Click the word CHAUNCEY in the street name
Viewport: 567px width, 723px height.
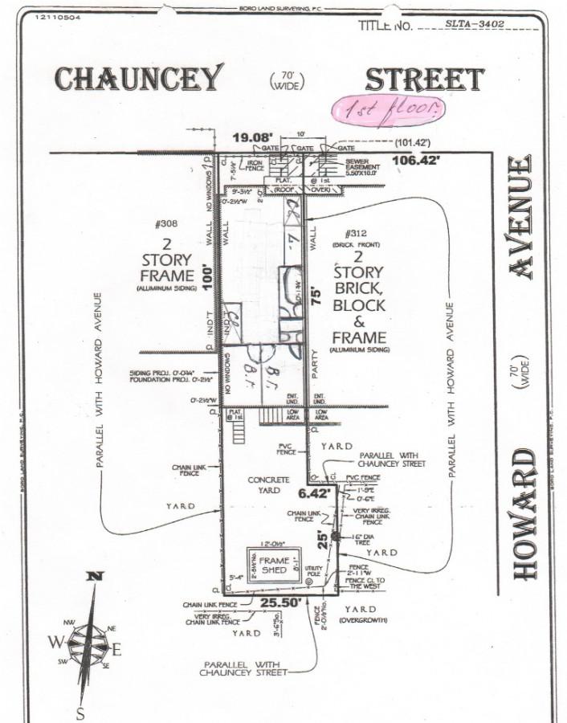tap(137, 79)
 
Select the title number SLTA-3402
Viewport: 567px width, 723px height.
tap(475, 24)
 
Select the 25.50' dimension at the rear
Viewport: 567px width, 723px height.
tap(272, 602)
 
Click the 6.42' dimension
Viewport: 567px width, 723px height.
tap(316, 492)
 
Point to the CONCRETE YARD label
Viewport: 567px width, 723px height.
tap(268, 484)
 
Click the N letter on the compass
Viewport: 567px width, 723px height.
tap(95, 575)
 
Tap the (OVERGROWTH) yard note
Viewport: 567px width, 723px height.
tap(363, 621)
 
